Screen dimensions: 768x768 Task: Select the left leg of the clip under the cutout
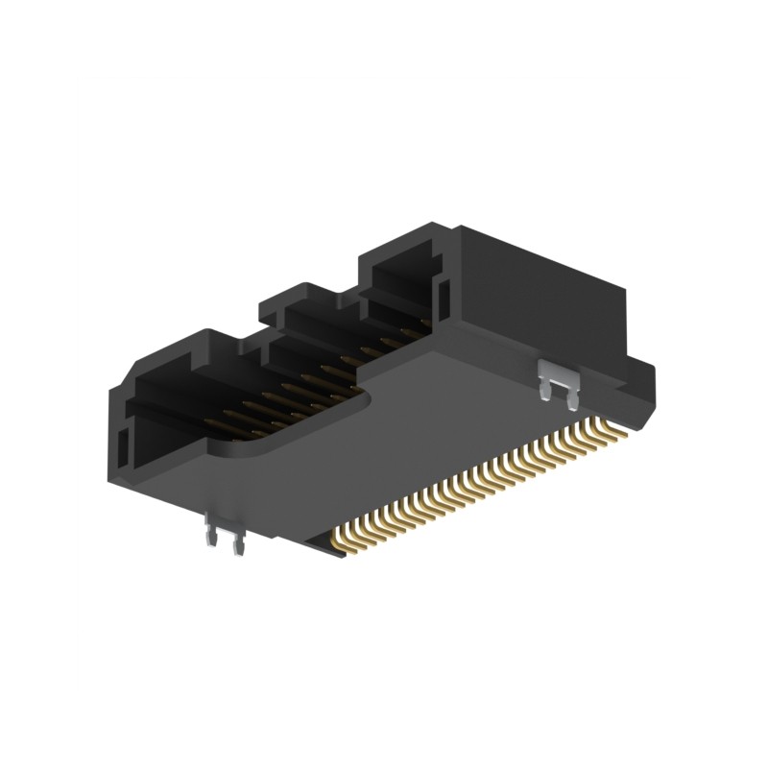tap(213, 540)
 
